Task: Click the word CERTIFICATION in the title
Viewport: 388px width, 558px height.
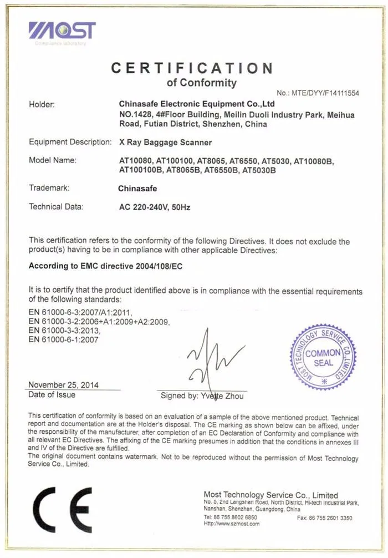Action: (192, 68)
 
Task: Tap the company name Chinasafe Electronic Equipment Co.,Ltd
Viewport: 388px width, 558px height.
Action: (197, 104)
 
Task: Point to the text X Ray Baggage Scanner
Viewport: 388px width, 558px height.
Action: (166, 142)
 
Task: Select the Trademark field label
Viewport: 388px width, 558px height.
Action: (49, 188)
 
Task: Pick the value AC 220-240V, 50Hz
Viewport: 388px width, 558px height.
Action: (155, 207)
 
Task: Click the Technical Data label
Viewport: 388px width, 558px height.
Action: (55, 207)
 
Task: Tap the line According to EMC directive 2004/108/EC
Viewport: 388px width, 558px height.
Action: (105, 266)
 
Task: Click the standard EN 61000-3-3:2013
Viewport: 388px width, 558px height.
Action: (64, 331)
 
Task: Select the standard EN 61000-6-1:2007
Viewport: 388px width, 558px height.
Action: (64, 340)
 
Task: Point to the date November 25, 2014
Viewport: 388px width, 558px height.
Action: (64, 385)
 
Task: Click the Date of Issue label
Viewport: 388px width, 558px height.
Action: (52, 394)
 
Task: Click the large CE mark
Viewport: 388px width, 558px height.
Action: (62, 509)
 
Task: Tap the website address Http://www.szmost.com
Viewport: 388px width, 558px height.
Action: (232, 523)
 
